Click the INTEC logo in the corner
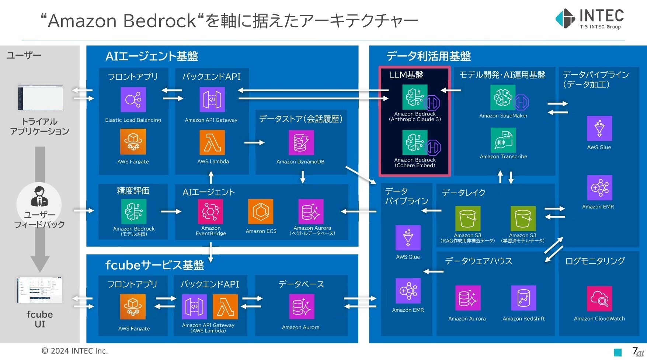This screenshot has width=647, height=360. point(589,19)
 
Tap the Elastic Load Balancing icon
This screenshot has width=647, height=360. point(133,100)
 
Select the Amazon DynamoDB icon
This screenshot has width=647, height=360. point(301,143)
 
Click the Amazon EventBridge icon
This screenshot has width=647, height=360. point(211,212)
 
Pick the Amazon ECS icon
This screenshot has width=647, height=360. point(261,212)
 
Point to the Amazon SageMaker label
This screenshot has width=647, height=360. point(503,116)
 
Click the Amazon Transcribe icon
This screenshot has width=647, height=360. point(503,140)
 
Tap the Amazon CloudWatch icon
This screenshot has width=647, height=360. point(599,299)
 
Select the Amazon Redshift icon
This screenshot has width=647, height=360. point(523,298)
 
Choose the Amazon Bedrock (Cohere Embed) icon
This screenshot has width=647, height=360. point(415,142)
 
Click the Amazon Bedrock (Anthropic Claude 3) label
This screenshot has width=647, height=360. point(415,117)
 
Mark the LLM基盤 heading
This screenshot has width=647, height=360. point(406,75)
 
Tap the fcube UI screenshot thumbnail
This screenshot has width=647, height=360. point(40,290)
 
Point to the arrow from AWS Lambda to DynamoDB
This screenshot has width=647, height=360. point(254,143)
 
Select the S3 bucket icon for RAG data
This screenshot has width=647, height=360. point(468,219)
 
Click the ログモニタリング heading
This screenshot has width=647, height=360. point(595,261)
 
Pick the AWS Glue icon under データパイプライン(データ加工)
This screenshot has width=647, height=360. point(599,128)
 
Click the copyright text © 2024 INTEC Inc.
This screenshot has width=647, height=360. point(74,351)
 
